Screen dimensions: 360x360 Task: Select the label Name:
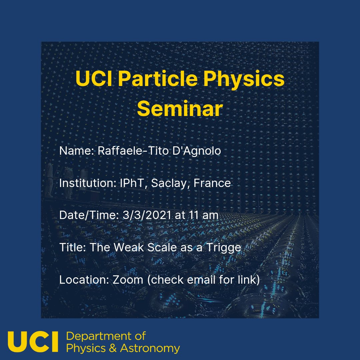[x=77, y=151]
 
